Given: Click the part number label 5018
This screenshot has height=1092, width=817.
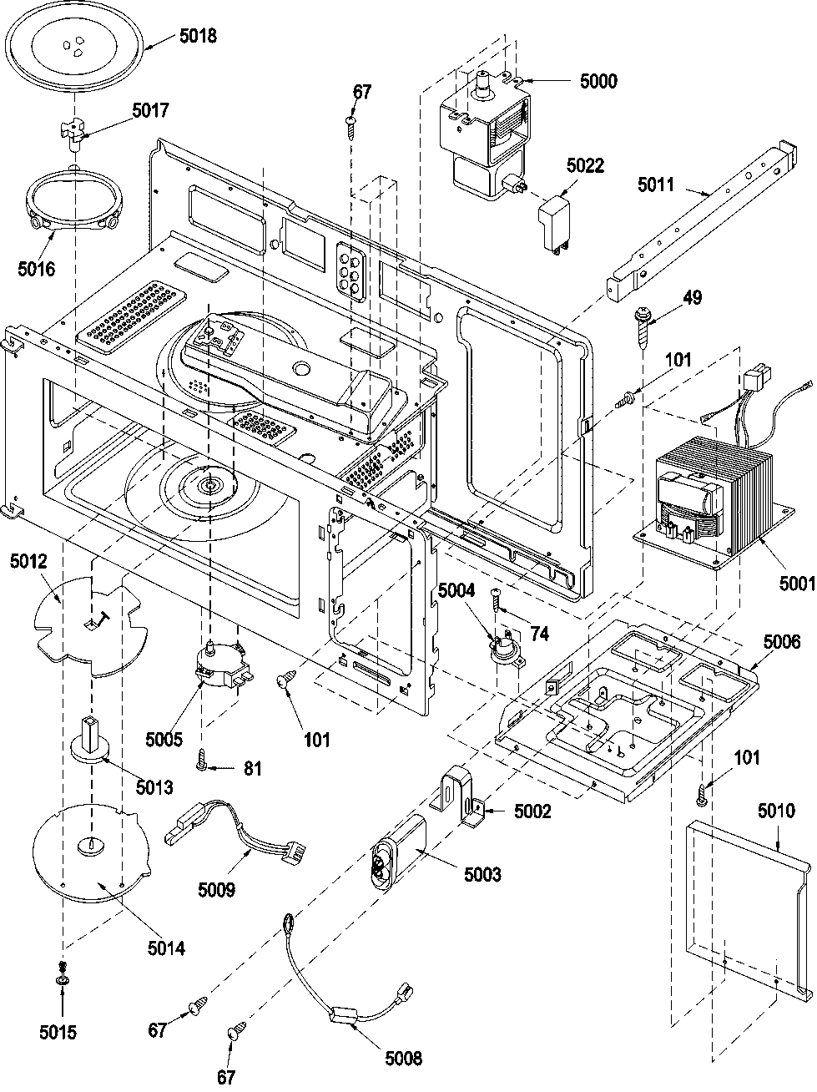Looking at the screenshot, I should pos(198,37).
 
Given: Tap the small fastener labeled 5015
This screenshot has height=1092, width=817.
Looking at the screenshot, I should pos(63,993).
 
